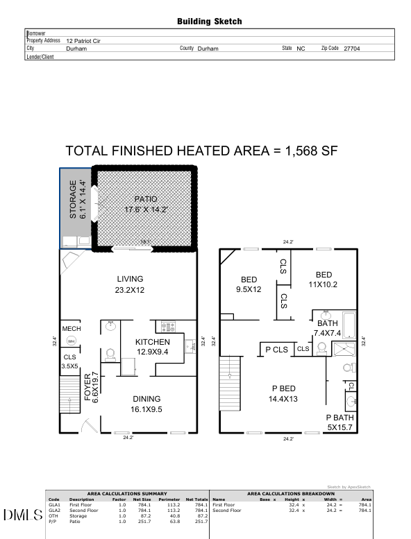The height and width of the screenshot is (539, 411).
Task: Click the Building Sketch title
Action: [210, 22]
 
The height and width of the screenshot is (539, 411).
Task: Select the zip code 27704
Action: [352, 49]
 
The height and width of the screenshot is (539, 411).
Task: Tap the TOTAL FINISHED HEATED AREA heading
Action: [201, 151]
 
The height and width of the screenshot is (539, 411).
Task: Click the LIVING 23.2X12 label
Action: [129, 285]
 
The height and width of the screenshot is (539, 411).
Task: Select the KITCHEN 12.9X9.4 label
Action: [151, 347]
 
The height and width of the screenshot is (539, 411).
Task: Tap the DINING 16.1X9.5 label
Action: [146, 404]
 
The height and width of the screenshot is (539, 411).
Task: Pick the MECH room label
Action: [72, 329]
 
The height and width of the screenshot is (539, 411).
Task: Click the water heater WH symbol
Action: [71, 341]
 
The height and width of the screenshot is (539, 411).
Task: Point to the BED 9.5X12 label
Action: [249, 284]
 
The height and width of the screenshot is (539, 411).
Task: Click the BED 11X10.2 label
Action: [323, 279]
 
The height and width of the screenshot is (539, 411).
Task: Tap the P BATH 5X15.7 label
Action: [340, 422]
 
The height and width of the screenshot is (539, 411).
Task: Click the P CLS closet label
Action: [276, 350]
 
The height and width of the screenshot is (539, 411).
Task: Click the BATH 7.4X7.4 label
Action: [327, 328]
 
